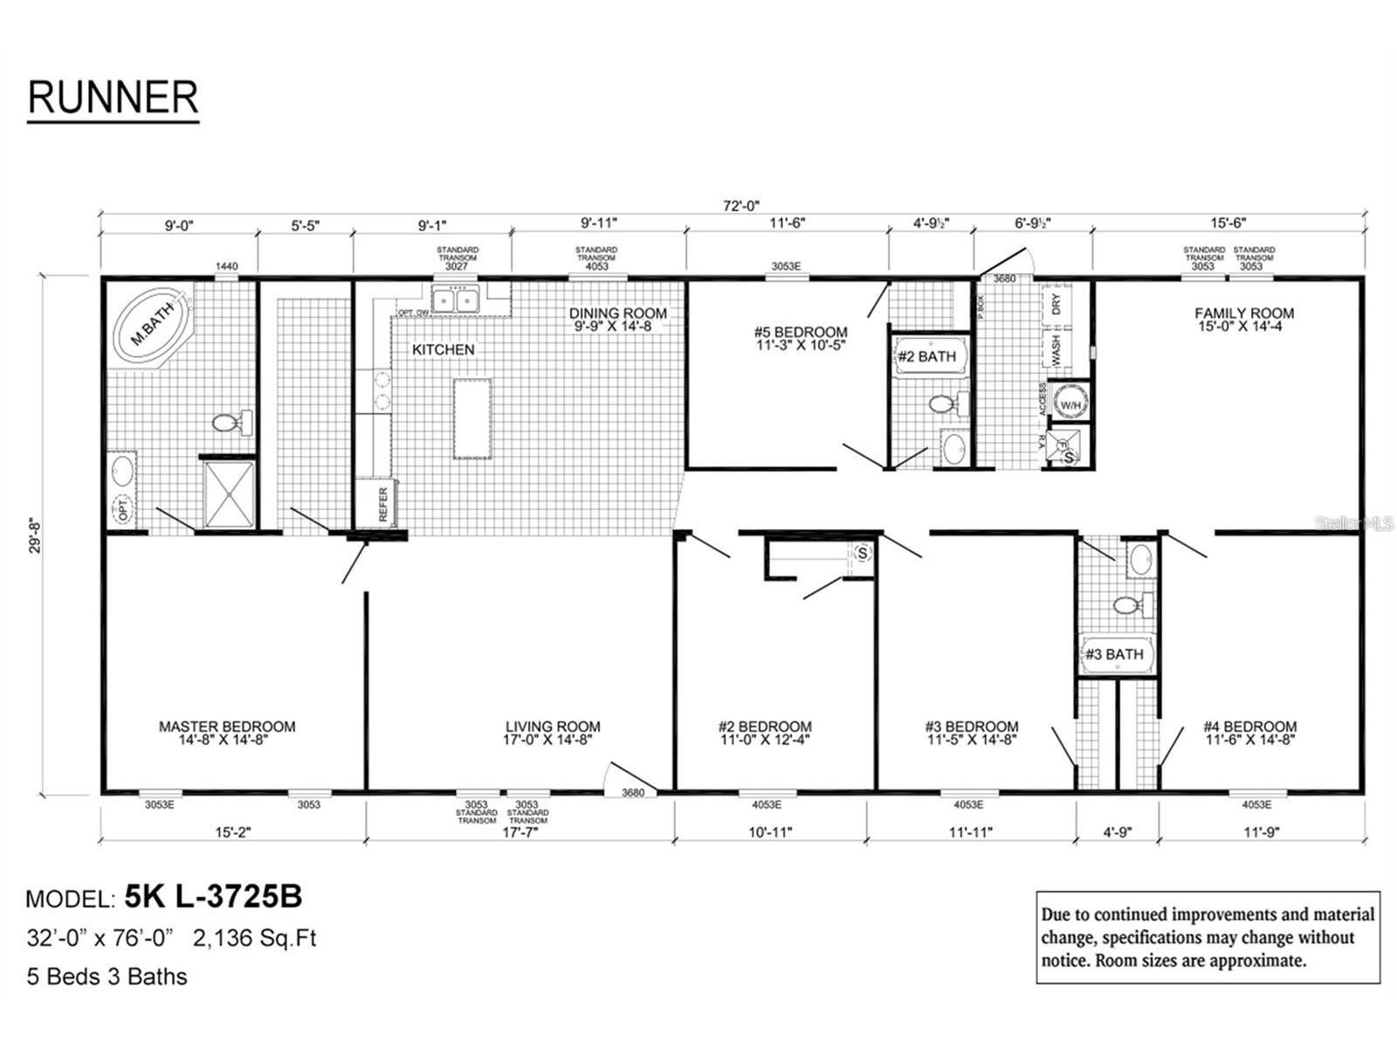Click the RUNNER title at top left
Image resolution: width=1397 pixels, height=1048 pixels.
(113, 97)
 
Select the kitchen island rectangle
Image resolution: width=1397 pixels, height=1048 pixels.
(471, 418)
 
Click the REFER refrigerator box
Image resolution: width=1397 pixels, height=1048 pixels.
(376, 504)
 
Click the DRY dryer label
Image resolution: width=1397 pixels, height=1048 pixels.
(1056, 304)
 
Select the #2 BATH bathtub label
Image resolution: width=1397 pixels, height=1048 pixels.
(927, 356)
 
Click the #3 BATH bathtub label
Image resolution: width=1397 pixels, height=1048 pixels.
(1114, 654)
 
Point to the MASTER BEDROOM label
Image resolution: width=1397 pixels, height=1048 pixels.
(227, 727)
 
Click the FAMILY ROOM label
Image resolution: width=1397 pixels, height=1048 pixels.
(1244, 314)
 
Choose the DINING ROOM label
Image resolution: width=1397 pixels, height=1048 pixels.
(617, 314)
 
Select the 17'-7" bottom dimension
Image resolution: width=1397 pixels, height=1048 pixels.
(520, 832)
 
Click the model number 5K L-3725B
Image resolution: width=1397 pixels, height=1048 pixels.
(214, 896)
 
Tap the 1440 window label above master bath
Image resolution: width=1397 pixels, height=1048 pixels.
(226, 266)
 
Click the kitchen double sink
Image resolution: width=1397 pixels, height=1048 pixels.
(455, 301)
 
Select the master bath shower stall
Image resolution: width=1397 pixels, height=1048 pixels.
(229, 494)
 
